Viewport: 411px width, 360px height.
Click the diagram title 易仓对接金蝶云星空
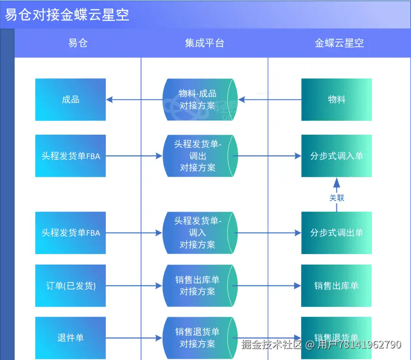coord(67,14)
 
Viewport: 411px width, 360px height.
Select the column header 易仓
coord(78,43)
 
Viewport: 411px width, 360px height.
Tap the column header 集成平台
coord(204,43)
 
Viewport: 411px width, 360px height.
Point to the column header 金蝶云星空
coord(339,43)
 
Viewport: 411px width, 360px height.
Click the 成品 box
coord(70,100)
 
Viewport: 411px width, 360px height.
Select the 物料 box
coord(336,100)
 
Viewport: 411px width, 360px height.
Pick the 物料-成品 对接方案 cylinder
coord(198,100)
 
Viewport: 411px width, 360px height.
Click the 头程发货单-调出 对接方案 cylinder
coord(198,155)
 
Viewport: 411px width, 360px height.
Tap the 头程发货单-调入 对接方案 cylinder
coord(198,232)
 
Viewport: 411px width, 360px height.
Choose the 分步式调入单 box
coord(336,155)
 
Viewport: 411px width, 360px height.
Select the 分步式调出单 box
coord(336,232)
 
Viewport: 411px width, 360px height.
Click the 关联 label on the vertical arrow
coord(336,197)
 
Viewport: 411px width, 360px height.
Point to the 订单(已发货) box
coord(70,285)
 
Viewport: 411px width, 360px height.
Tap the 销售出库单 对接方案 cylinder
coord(198,285)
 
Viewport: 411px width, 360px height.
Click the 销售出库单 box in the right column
coord(336,285)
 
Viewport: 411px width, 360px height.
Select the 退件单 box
coord(70,338)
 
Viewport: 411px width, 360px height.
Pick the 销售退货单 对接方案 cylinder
coord(198,337)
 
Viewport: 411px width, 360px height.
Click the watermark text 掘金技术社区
coord(271,344)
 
